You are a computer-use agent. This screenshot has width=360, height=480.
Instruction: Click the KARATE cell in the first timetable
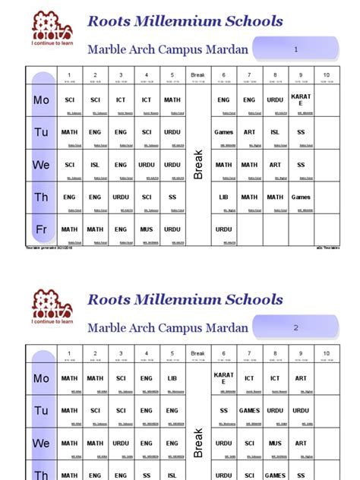click(301, 99)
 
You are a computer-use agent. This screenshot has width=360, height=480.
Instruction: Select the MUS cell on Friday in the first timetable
click(147, 229)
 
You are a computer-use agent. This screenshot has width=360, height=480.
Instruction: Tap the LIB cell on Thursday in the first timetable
click(223, 197)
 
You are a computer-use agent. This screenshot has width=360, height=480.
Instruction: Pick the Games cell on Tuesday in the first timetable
click(223, 132)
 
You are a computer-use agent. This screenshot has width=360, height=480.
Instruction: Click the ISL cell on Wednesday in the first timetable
click(95, 164)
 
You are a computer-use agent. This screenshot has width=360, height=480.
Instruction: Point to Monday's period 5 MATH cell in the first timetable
click(172, 99)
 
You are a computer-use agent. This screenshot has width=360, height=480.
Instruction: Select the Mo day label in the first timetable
click(41, 99)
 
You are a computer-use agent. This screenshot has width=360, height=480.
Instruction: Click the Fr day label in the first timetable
click(41, 229)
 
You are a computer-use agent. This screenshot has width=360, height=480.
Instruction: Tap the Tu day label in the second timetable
click(41, 411)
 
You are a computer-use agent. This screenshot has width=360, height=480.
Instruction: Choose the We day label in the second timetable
click(41, 443)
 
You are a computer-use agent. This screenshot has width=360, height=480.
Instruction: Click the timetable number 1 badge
click(297, 49)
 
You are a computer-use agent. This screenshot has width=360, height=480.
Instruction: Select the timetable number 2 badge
click(297, 328)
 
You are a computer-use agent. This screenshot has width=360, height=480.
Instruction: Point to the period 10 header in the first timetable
click(327, 75)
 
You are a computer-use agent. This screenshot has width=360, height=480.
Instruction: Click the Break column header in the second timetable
click(197, 354)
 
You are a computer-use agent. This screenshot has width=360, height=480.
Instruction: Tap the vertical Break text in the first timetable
click(198, 164)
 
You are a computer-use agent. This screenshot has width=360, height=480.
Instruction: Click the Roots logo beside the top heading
click(52, 29)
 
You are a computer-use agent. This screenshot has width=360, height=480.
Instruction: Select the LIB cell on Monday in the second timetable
click(172, 378)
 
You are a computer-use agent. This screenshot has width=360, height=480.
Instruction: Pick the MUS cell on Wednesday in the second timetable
click(275, 443)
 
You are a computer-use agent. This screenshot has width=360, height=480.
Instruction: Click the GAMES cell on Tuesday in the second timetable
click(249, 411)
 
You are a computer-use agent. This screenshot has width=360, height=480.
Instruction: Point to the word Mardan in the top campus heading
click(223, 50)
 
